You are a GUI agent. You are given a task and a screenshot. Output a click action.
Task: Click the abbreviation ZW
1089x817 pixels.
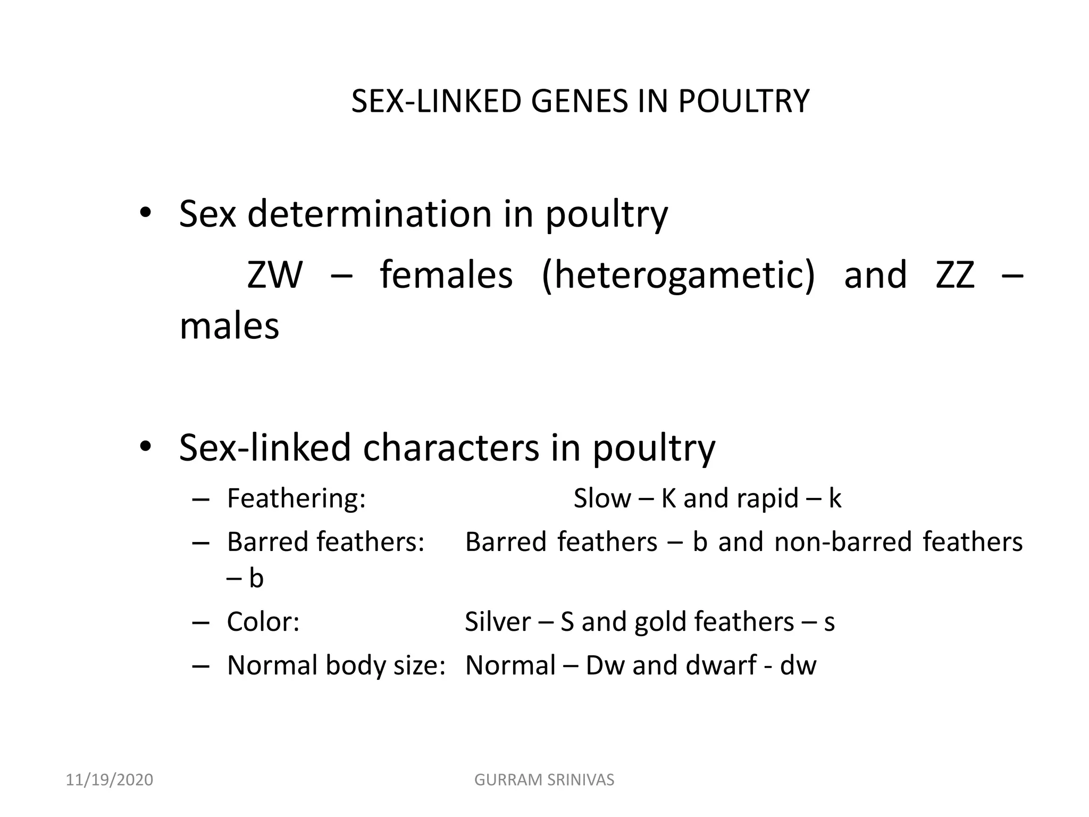pyautogui.click(x=274, y=275)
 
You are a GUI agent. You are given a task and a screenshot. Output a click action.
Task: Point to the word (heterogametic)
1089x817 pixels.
pyautogui.click(x=678, y=275)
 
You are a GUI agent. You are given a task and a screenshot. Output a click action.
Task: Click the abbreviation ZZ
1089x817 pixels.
pyautogui.click(x=955, y=275)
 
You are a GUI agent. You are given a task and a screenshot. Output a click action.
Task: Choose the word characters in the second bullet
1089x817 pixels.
pyautogui.click(x=451, y=448)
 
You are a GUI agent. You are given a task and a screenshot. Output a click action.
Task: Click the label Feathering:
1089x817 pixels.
pyautogui.click(x=296, y=498)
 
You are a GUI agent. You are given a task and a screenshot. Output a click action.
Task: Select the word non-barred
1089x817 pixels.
pyautogui.click(x=843, y=542)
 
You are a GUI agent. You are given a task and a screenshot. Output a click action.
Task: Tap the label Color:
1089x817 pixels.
pyautogui.click(x=263, y=622)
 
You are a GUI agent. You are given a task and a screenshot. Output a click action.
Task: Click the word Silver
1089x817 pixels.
pyautogui.click(x=498, y=622)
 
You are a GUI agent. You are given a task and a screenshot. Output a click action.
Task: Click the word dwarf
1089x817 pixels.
pyautogui.click(x=721, y=665)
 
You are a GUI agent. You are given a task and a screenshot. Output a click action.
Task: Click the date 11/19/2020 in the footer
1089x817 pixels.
pyautogui.click(x=110, y=780)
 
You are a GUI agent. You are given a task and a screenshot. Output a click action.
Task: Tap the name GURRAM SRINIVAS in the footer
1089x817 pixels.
pyautogui.click(x=544, y=780)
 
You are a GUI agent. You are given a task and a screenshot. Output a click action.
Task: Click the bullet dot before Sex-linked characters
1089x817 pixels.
pyautogui.click(x=145, y=448)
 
